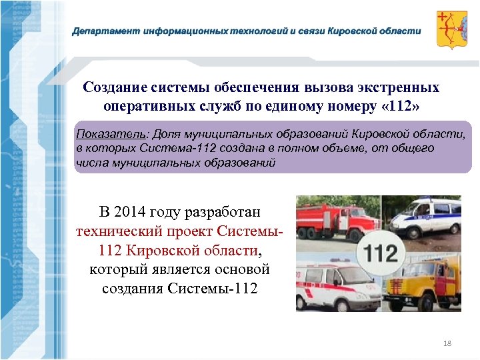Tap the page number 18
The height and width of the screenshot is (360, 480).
pos(447,343)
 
